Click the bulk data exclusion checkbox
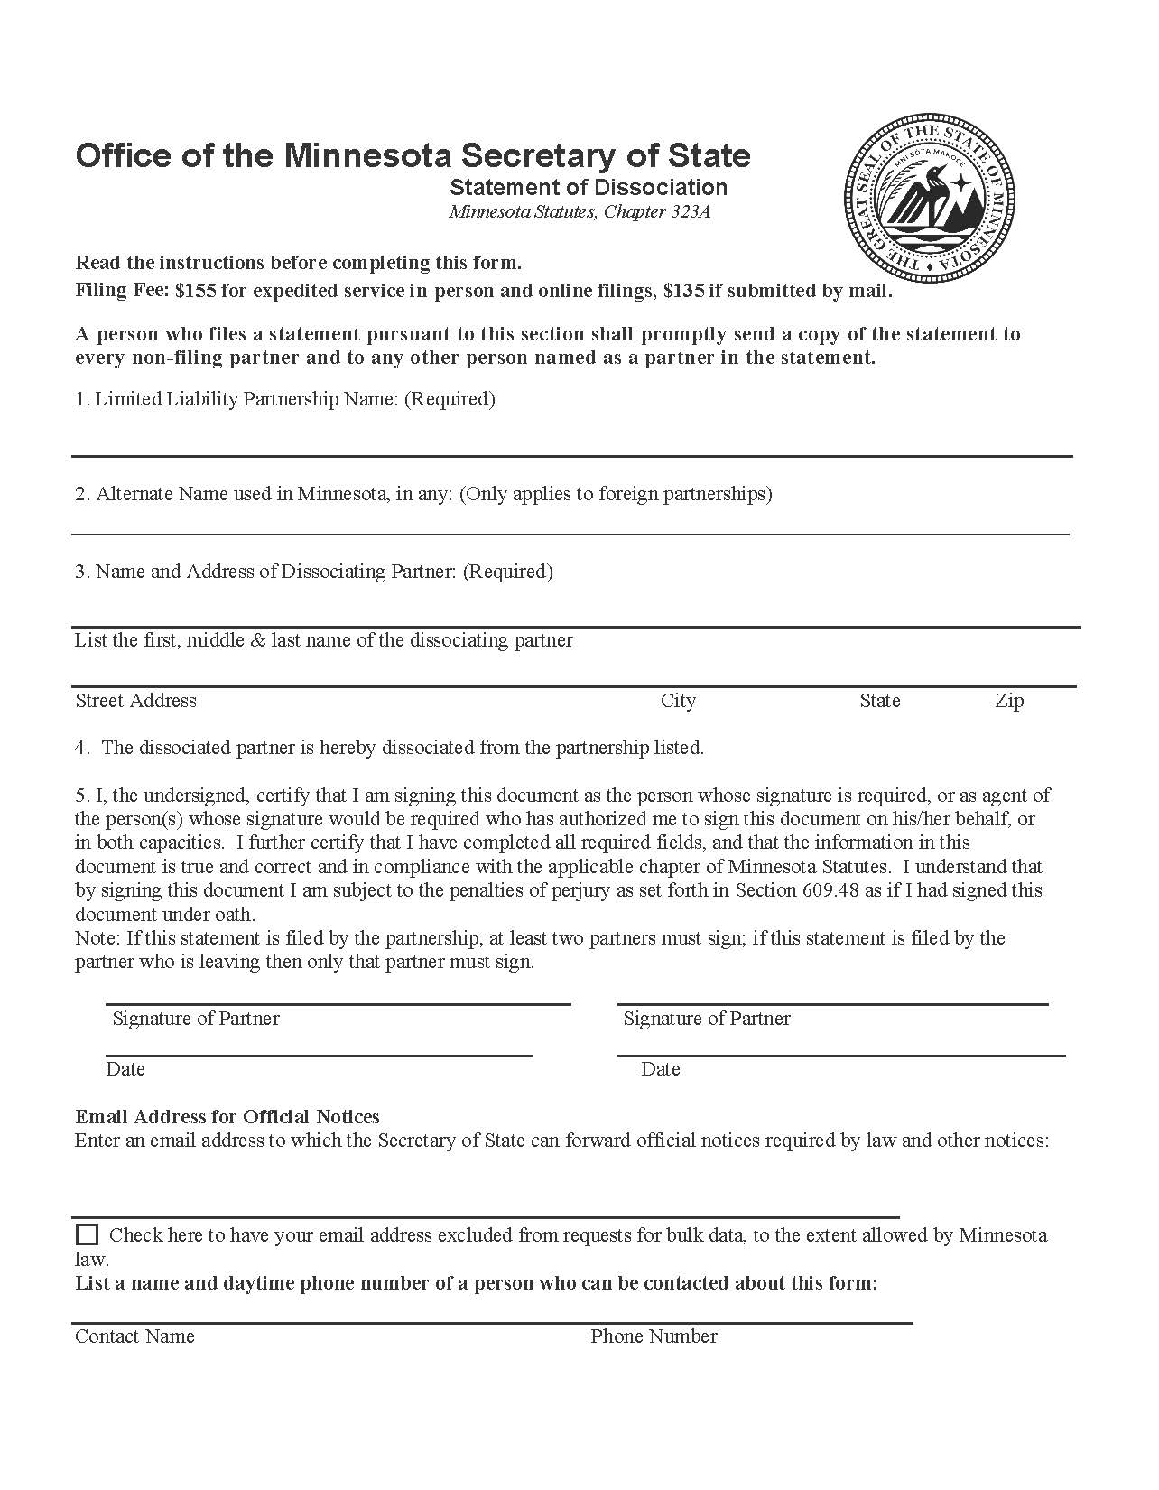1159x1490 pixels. [88, 1234]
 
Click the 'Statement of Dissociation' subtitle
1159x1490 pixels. [589, 187]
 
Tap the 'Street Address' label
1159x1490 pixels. [135, 701]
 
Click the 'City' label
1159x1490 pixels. [678, 701]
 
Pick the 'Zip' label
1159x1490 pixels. [1009, 701]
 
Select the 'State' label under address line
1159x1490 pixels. [879, 701]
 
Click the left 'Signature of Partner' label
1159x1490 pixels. [196, 1019]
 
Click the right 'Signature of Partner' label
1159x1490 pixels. [707, 1019]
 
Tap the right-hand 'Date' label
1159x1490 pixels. [660, 1069]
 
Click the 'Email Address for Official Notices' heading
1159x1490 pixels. [227, 1117]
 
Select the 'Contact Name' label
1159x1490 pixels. [134, 1336]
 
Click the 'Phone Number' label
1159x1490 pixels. [654, 1336]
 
